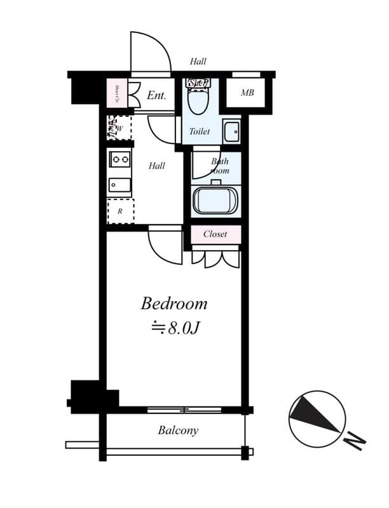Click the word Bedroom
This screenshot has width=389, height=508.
[174, 304]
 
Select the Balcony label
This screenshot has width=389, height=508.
[178, 431]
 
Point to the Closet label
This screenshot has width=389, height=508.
[215, 234]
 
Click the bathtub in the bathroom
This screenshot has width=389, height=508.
[215, 201]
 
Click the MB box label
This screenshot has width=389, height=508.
[247, 93]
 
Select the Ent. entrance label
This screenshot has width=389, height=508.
[156, 96]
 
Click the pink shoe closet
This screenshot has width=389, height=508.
[117, 94]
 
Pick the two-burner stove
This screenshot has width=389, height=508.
[119, 159]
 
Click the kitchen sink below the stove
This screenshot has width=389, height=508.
[119, 185]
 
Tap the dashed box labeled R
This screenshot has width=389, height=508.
[119, 211]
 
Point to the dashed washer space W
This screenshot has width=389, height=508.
[118, 128]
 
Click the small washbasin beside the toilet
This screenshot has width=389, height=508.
[231, 131]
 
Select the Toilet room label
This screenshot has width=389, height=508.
[200, 131]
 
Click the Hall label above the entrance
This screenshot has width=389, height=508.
[198, 62]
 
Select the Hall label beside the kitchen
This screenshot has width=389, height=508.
[157, 166]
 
